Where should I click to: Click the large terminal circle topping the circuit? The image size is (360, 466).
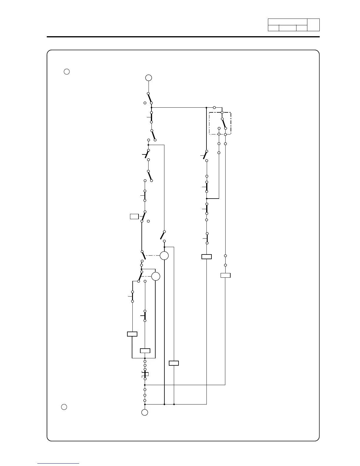coord(149,78)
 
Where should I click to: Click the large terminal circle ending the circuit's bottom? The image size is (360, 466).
coord(145,412)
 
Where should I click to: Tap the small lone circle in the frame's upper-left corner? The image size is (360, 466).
coord(67,71)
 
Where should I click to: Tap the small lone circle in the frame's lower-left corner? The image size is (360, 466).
coord(64,407)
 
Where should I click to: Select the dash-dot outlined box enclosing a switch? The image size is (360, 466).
coord(220,123)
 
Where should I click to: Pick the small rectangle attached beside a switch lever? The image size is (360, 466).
coord(134,217)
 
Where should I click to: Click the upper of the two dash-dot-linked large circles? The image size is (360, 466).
coord(164,256)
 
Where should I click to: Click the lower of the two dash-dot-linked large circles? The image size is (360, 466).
coord(156,277)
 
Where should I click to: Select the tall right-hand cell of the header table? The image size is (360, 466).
coord(313,25)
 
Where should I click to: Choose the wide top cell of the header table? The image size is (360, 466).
coord(287,22)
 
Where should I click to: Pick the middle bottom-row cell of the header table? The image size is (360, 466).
coord(287,28)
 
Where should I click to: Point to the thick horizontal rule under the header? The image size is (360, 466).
coord(183,37)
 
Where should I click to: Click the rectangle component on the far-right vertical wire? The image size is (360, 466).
coord(225,275)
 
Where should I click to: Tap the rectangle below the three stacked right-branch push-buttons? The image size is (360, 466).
coord(206,257)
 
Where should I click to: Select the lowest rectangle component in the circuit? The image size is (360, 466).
coord(174,363)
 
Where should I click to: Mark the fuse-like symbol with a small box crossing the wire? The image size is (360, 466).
coord(145,374)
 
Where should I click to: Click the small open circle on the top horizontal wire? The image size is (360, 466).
coord(214,108)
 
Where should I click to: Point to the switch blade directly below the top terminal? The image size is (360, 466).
coord(150,98)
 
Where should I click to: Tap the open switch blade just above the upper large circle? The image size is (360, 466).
coord(162,235)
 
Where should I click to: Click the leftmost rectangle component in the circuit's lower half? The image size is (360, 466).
coord(132,334)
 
